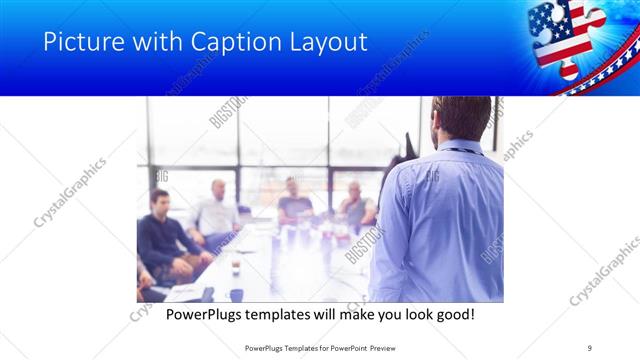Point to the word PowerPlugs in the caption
point(206,315)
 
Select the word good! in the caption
point(453,315)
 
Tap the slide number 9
point(590,347)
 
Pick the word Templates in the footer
point(307,347)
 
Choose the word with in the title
point(151,42)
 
